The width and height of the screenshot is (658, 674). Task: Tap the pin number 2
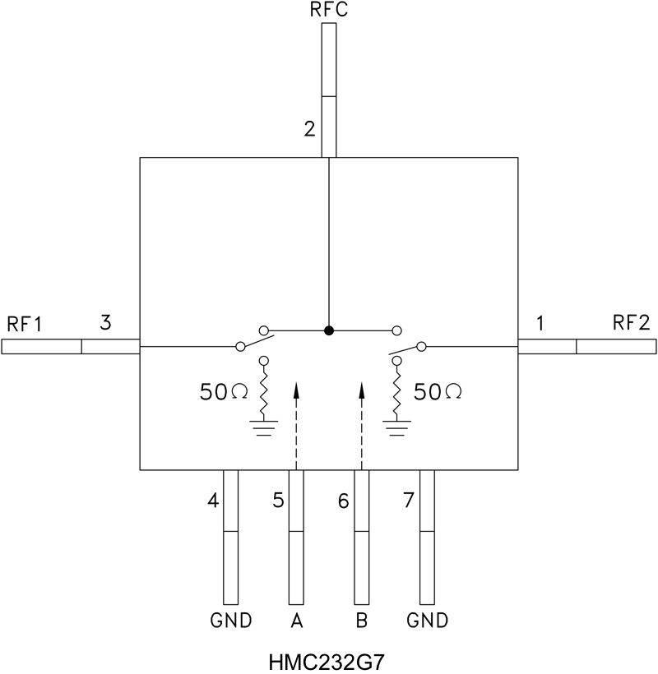coord(309,129)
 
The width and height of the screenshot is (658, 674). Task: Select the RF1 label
coord(24,323)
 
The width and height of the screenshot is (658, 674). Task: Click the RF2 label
coord(632,323)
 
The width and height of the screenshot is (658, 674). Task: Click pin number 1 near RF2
coord(540,323)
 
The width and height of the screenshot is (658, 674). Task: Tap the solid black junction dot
coord(329,330)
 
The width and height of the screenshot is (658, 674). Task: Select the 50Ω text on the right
coord(437,392)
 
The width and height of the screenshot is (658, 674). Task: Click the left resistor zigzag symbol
coord(264,394)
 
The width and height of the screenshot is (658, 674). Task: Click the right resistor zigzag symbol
coord(396,394)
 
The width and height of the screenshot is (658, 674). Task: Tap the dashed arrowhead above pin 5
coord(296,389)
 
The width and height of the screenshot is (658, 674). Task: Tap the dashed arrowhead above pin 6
coord(362,389)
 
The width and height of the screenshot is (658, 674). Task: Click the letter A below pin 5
coord(297,621)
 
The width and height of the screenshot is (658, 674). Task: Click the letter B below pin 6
coord(362,621)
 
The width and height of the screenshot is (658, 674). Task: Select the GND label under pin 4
coord(231,621)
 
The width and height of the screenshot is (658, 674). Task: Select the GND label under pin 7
coord(428,621)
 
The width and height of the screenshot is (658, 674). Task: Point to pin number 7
coord(408,499)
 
